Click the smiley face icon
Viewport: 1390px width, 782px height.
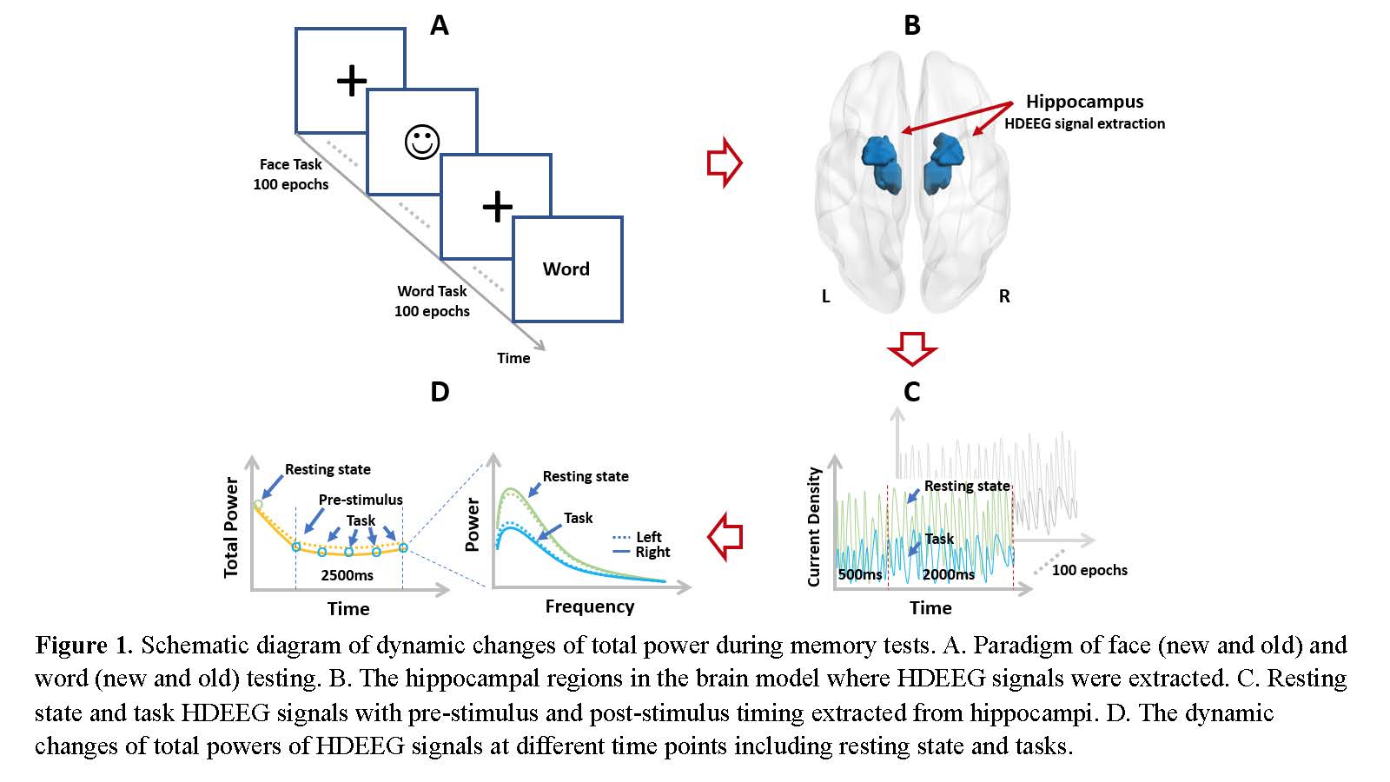click(422, 142)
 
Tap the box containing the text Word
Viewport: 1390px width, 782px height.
click(567, 269)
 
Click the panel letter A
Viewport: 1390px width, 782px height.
click(440, 25)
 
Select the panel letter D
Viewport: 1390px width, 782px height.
click(440, 392)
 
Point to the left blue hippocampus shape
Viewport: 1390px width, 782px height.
click(883, 164)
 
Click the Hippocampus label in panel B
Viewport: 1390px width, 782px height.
click(1084, 102)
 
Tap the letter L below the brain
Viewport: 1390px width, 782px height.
click(826, 296)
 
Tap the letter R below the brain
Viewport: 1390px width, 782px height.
click(1004, 296)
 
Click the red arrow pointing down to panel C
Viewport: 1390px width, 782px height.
click(911, 348)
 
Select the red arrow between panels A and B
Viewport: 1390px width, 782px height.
click(725, 162)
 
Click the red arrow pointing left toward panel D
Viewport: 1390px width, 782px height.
click(725, 536)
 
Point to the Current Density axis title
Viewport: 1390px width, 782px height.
click(814, 527)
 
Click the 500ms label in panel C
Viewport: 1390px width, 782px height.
click(860, 574)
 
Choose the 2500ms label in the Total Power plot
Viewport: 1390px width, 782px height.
click(347, 575)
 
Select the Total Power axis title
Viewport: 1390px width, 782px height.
click(231, 527)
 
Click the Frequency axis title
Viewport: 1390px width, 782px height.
click(590, 606)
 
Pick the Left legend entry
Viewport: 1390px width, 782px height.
click(648, 537)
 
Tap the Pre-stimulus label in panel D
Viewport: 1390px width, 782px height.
click(361, 500)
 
